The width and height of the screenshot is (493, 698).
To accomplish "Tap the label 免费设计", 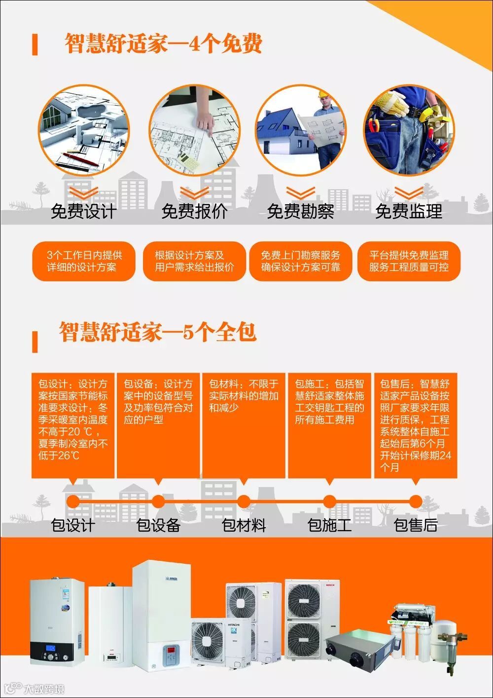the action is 84,211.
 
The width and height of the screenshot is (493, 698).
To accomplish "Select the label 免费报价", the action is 194,211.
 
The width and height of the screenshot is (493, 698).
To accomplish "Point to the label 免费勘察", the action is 300,211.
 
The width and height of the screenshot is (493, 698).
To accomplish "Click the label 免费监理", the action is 409,211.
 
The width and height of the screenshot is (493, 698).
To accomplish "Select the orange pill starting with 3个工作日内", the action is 84,261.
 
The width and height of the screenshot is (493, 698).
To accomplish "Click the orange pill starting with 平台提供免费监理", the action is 409,261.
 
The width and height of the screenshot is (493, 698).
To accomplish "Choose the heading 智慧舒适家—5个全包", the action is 158,332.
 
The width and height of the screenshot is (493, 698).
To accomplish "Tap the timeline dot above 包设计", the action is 73,502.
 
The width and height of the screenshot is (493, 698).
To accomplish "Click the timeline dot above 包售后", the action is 416,502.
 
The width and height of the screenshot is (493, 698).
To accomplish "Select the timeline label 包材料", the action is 244,525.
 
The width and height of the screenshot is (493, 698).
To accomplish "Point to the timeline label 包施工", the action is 329,525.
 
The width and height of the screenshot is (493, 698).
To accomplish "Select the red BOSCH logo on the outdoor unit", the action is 329,585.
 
